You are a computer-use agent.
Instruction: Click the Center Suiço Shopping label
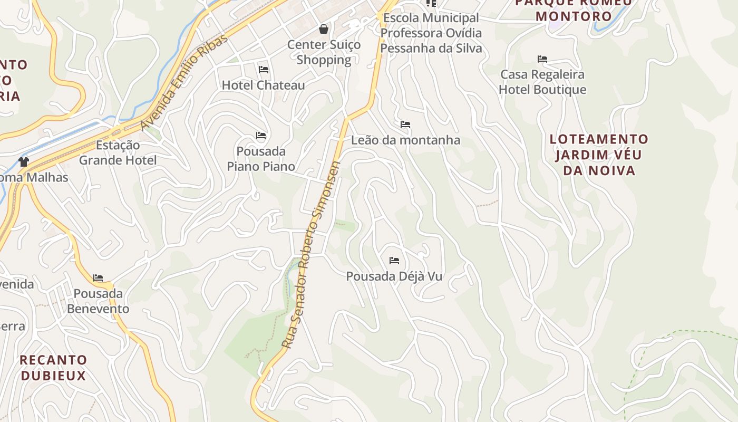click(324, 52)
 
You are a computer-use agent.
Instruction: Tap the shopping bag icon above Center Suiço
click(324, 29)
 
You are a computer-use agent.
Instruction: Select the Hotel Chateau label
click(263, 85)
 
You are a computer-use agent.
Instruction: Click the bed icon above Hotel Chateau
click(264, 70)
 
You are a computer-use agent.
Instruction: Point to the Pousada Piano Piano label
click(261, 159)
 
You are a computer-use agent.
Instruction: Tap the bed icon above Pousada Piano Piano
click(261, 136)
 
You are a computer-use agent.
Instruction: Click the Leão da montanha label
click(405, 140)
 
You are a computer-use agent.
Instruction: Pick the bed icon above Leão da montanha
click(405, 124)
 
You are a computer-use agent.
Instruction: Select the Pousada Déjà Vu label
click(394, 276)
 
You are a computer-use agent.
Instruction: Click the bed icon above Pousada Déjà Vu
click(394, 261)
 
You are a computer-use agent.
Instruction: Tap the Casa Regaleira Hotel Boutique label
click(542, 82)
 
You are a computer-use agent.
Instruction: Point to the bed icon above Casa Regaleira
click(542, 59)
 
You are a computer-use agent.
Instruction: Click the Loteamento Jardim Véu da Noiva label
click(599, 155)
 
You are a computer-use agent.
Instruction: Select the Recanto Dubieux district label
click(53, 368)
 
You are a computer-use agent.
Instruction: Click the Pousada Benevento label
click(98, 301)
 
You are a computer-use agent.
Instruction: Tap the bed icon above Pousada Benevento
click(98, 278)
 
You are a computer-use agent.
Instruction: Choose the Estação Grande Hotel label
click(118, 152)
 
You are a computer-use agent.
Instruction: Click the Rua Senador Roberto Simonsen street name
click(311, 255)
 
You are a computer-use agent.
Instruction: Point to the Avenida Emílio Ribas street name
click(184, 82)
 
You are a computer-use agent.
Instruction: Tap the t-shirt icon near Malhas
click(23, 161)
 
